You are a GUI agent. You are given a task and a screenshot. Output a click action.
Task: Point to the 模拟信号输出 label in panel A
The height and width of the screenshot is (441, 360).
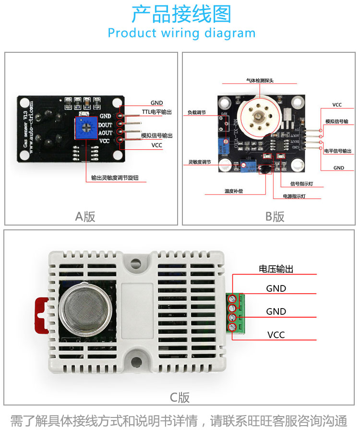[157, 136]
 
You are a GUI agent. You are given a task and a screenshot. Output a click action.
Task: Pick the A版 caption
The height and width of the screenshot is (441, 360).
[85, 216]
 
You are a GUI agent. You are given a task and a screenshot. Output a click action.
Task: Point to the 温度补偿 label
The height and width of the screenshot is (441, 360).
[233, 191]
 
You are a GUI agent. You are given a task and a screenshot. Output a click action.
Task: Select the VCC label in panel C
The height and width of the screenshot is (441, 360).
[276, 334]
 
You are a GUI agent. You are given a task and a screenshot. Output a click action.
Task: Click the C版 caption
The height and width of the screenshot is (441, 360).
[180, 397]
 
